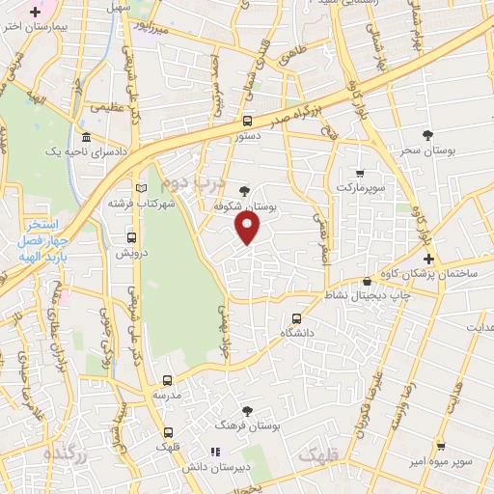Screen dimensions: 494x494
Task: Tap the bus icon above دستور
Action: (248, 122)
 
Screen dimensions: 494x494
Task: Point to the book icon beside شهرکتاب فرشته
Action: (143, 188)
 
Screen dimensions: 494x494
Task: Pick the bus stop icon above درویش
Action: (131, 237)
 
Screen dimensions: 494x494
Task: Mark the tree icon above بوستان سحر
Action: (428, 134)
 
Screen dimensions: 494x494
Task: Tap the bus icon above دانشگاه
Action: (296, 318)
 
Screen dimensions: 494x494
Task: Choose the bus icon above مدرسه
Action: (167, 381)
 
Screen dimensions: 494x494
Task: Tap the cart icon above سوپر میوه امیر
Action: (440, 447)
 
